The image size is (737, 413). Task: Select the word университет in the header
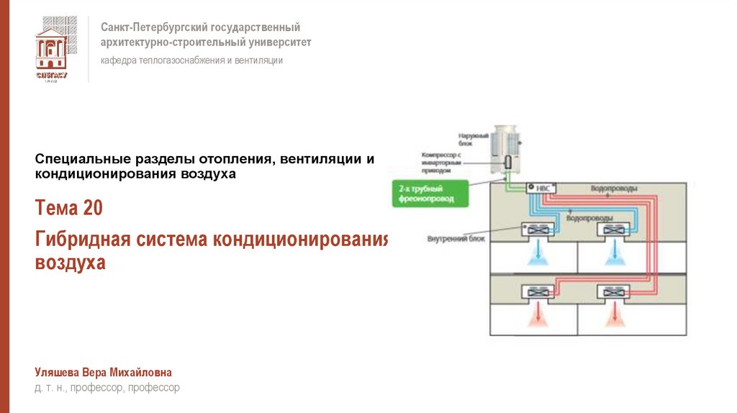click(275, 42)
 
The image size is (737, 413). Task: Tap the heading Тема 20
click(68, 209)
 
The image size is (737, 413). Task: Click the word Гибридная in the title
click(76, 239)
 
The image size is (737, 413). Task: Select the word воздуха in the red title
click(71, 263)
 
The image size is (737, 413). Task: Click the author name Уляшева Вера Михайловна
click(104, 372)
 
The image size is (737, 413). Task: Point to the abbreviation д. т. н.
click(49, 388)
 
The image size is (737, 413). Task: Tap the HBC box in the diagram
click(537, 188)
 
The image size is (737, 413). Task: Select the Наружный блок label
click(473, 138)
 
